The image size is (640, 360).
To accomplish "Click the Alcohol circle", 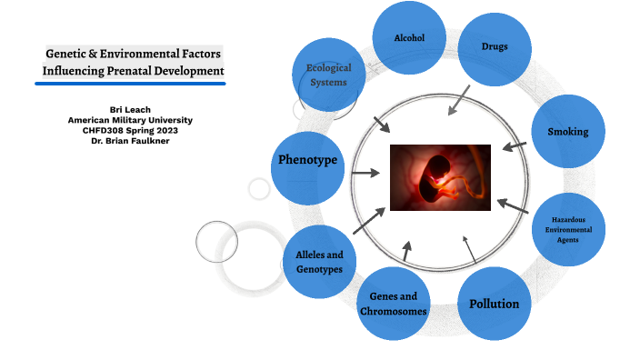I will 409,38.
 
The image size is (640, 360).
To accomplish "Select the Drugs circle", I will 494,47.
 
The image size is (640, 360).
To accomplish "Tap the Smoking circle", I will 567,132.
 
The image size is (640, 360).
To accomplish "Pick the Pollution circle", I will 494,304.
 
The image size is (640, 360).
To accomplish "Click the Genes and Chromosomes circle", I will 394,304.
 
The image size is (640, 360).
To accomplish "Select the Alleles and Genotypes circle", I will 319,262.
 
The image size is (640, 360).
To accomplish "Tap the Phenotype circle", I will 307,161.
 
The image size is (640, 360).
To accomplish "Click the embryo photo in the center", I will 440,177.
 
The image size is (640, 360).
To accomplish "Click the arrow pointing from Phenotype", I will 366,173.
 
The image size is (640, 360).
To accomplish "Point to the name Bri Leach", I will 130,110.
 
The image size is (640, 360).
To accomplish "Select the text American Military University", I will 130,120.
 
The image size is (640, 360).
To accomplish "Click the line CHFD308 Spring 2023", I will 130,130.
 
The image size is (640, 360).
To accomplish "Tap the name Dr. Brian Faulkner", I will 130,140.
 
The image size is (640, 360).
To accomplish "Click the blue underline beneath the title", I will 130,84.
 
